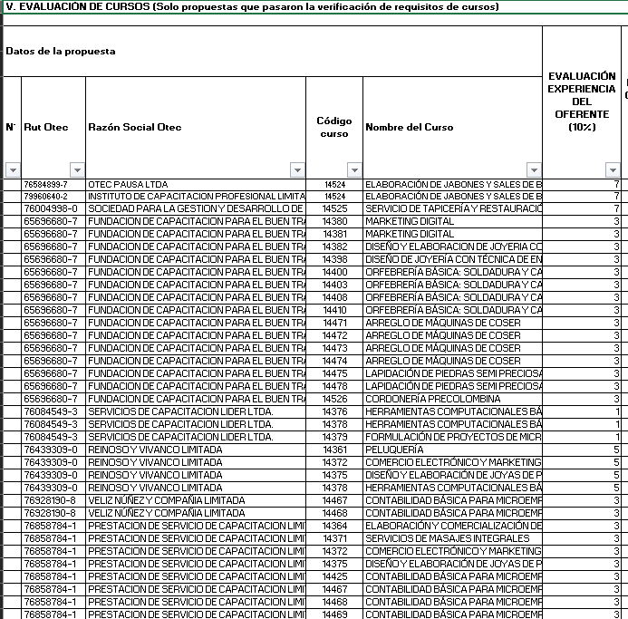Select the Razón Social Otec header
pos(134,127)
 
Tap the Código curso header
pos(333,127)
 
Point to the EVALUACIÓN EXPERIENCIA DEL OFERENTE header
pos(582,102)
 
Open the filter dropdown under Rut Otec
pos(77,170)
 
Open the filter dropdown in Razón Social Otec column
pos(297,170)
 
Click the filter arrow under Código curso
pos(354,170)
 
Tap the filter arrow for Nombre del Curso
pos(535,170)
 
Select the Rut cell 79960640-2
pos(45,196)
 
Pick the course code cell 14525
pos(335,208)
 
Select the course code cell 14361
pos(335,450)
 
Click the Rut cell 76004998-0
pos(50,208)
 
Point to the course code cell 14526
pos(335,399)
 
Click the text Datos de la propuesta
pos(61,52)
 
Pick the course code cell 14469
pos(335,614)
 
